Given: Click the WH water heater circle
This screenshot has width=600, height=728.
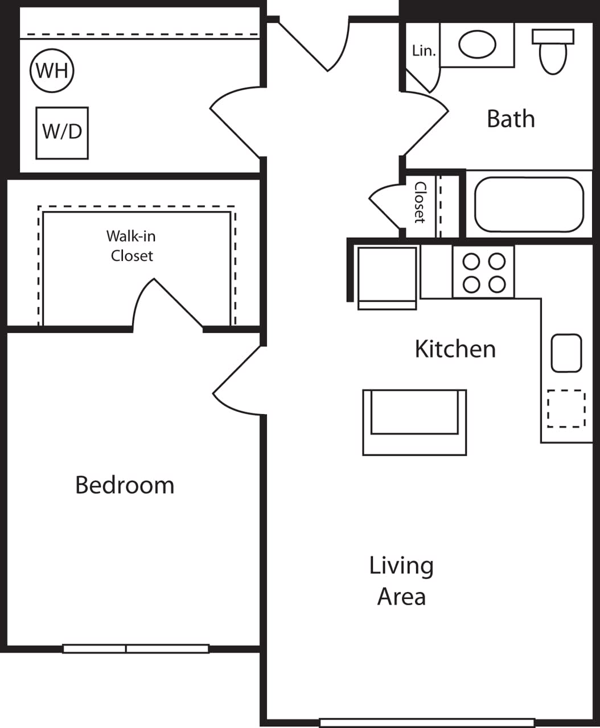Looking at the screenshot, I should coord(52,71).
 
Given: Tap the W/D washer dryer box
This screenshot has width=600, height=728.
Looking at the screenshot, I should coord(62,133).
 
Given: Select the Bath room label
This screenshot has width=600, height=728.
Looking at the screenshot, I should coord(511,119).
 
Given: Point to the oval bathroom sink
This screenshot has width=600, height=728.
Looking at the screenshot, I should coord(477,44).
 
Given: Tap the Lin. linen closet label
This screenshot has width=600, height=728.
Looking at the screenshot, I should coord(424,51).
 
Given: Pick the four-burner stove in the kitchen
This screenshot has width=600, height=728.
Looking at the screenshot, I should coord(484,272).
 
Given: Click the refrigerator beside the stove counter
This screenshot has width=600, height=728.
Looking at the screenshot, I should coord(387,278).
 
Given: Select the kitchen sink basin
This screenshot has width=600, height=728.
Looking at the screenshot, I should coord(566,353).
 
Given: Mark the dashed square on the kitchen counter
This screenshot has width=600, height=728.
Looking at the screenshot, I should coord(566,408).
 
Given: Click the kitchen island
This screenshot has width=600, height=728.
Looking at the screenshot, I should coord(414,421).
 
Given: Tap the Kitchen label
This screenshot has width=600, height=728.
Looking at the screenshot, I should coord(455,349).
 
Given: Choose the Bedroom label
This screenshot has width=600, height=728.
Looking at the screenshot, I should coord(125,485).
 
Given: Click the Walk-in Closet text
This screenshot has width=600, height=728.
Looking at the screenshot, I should coord(131,246).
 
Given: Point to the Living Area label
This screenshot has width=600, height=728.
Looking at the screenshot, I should coord(401,581).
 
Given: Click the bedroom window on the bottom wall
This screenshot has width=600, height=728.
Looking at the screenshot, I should coord(135,648).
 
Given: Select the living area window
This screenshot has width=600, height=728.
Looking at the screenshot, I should coord(427,723).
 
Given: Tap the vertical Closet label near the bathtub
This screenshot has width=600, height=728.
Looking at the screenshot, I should coord(420,202).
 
